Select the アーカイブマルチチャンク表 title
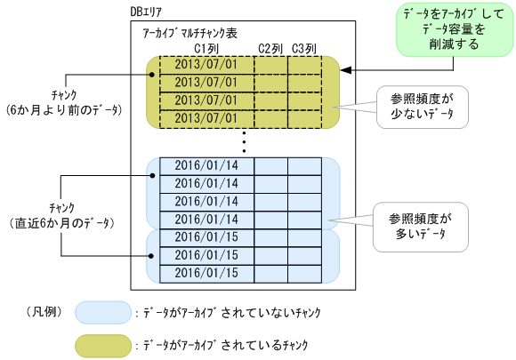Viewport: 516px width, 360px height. click(x=189, y=32)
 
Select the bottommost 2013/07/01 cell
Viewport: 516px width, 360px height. click(x=206, y=116)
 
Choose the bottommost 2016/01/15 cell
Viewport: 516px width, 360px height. click(x=206, y=273)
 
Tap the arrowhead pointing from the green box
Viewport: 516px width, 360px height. click(x=348, y=68)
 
